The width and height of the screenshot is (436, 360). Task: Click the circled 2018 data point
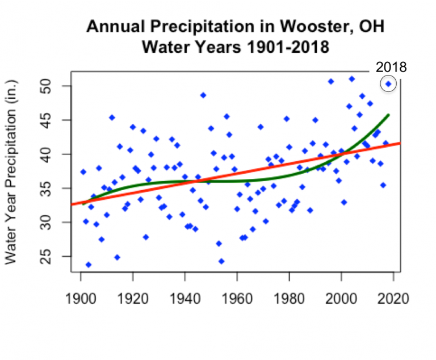(x=388, y=84)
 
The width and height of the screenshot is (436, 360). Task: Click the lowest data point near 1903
(x=89, y=265)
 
